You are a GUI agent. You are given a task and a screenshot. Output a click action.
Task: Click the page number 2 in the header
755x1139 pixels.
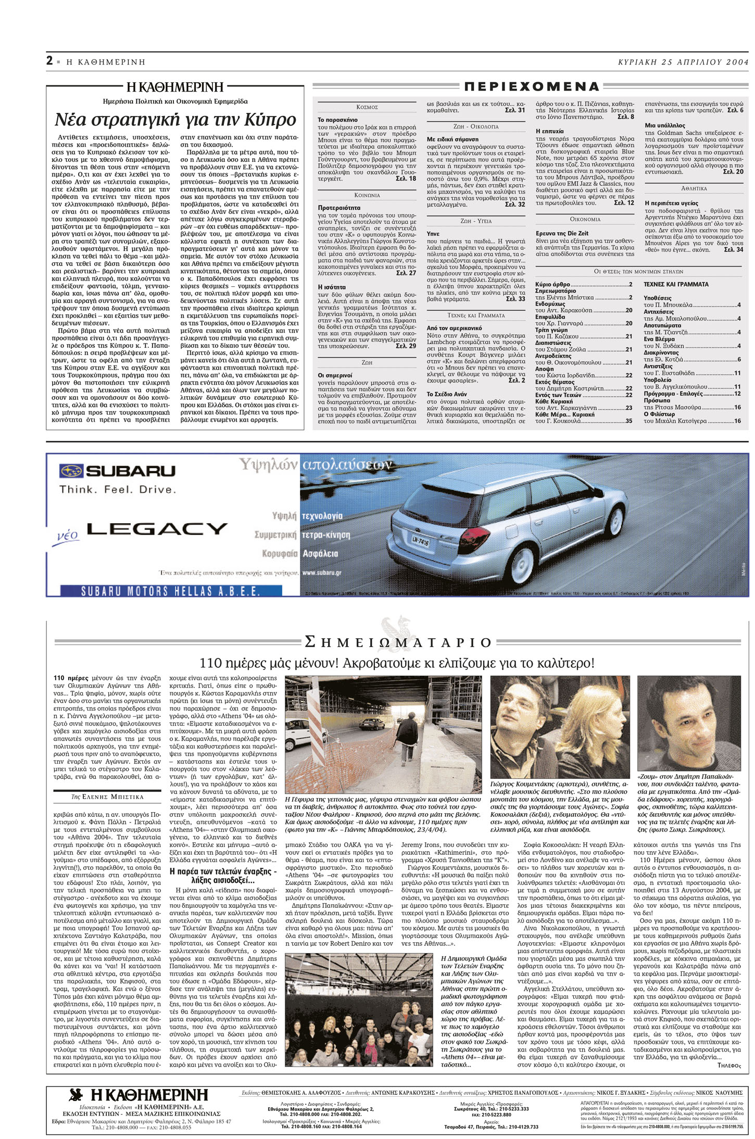(49, 61)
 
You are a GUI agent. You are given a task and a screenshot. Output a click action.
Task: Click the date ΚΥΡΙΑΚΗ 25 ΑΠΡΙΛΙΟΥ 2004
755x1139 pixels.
(683, 62)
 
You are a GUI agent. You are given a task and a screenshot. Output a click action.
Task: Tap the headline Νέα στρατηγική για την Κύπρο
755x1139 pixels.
(175, 120)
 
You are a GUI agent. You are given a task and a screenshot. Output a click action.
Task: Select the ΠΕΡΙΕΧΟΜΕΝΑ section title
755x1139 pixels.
(531, 86)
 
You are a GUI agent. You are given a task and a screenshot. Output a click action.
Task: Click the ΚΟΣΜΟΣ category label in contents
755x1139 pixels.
(367, 107)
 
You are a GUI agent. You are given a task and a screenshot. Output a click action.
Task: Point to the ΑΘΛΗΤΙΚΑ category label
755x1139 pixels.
(694, 188)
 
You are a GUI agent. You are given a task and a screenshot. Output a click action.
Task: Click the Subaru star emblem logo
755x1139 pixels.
(71, 471)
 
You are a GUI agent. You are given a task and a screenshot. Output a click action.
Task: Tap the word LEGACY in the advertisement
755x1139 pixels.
(157, 529)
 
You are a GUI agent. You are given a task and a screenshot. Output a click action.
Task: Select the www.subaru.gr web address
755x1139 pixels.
(322, 573)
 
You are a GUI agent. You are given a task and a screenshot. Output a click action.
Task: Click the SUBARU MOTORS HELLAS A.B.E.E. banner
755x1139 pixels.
(170, 591)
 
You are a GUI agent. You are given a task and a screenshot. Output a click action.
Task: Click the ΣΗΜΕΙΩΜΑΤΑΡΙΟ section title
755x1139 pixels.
(398, 642)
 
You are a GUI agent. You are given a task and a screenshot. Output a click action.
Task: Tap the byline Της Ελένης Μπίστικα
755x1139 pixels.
(107, 796)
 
